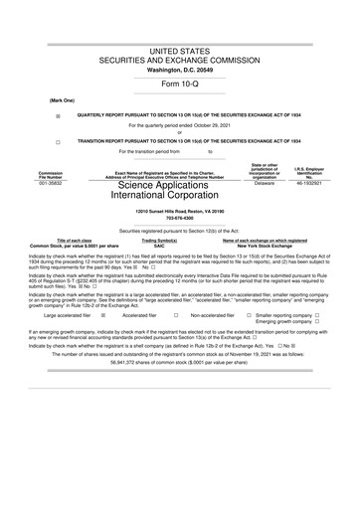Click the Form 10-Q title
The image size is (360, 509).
click(x=179, y=85)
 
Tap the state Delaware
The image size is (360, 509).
click(x=265, y=183)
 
